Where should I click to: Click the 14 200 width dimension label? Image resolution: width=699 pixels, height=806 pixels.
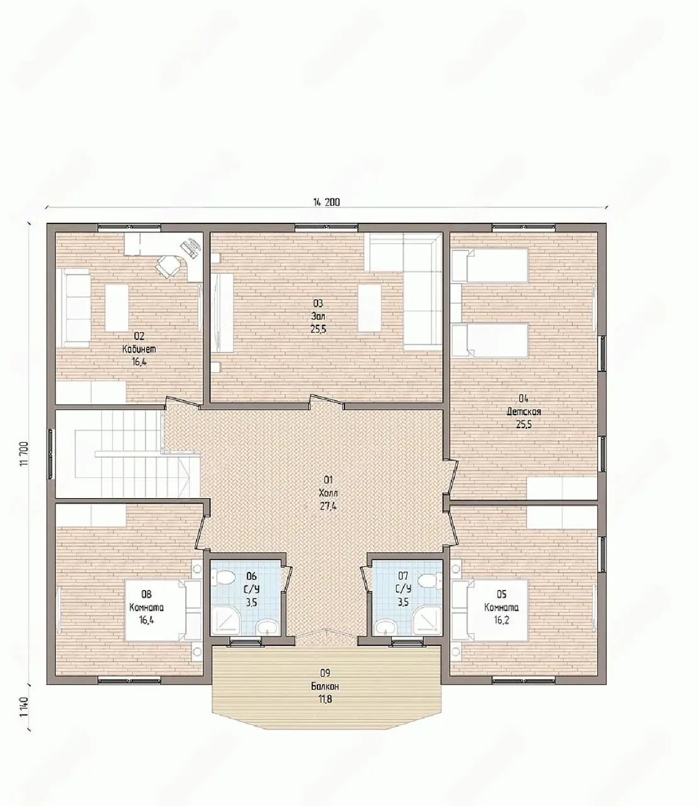coord(326,202)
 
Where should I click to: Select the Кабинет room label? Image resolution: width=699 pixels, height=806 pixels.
coord(139,349)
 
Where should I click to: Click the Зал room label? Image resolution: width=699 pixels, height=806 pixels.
coord(318,316)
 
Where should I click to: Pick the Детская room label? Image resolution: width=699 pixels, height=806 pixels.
coord(524,411)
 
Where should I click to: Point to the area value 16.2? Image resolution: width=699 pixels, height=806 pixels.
coord(502,620)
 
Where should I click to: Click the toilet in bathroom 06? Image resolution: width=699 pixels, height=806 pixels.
coord(225,577)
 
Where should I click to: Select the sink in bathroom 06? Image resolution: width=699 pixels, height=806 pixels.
coord(267,627)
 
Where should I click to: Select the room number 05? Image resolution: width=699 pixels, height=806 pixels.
coord(502,594)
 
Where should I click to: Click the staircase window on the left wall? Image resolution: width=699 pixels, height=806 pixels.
coord(51,454)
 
